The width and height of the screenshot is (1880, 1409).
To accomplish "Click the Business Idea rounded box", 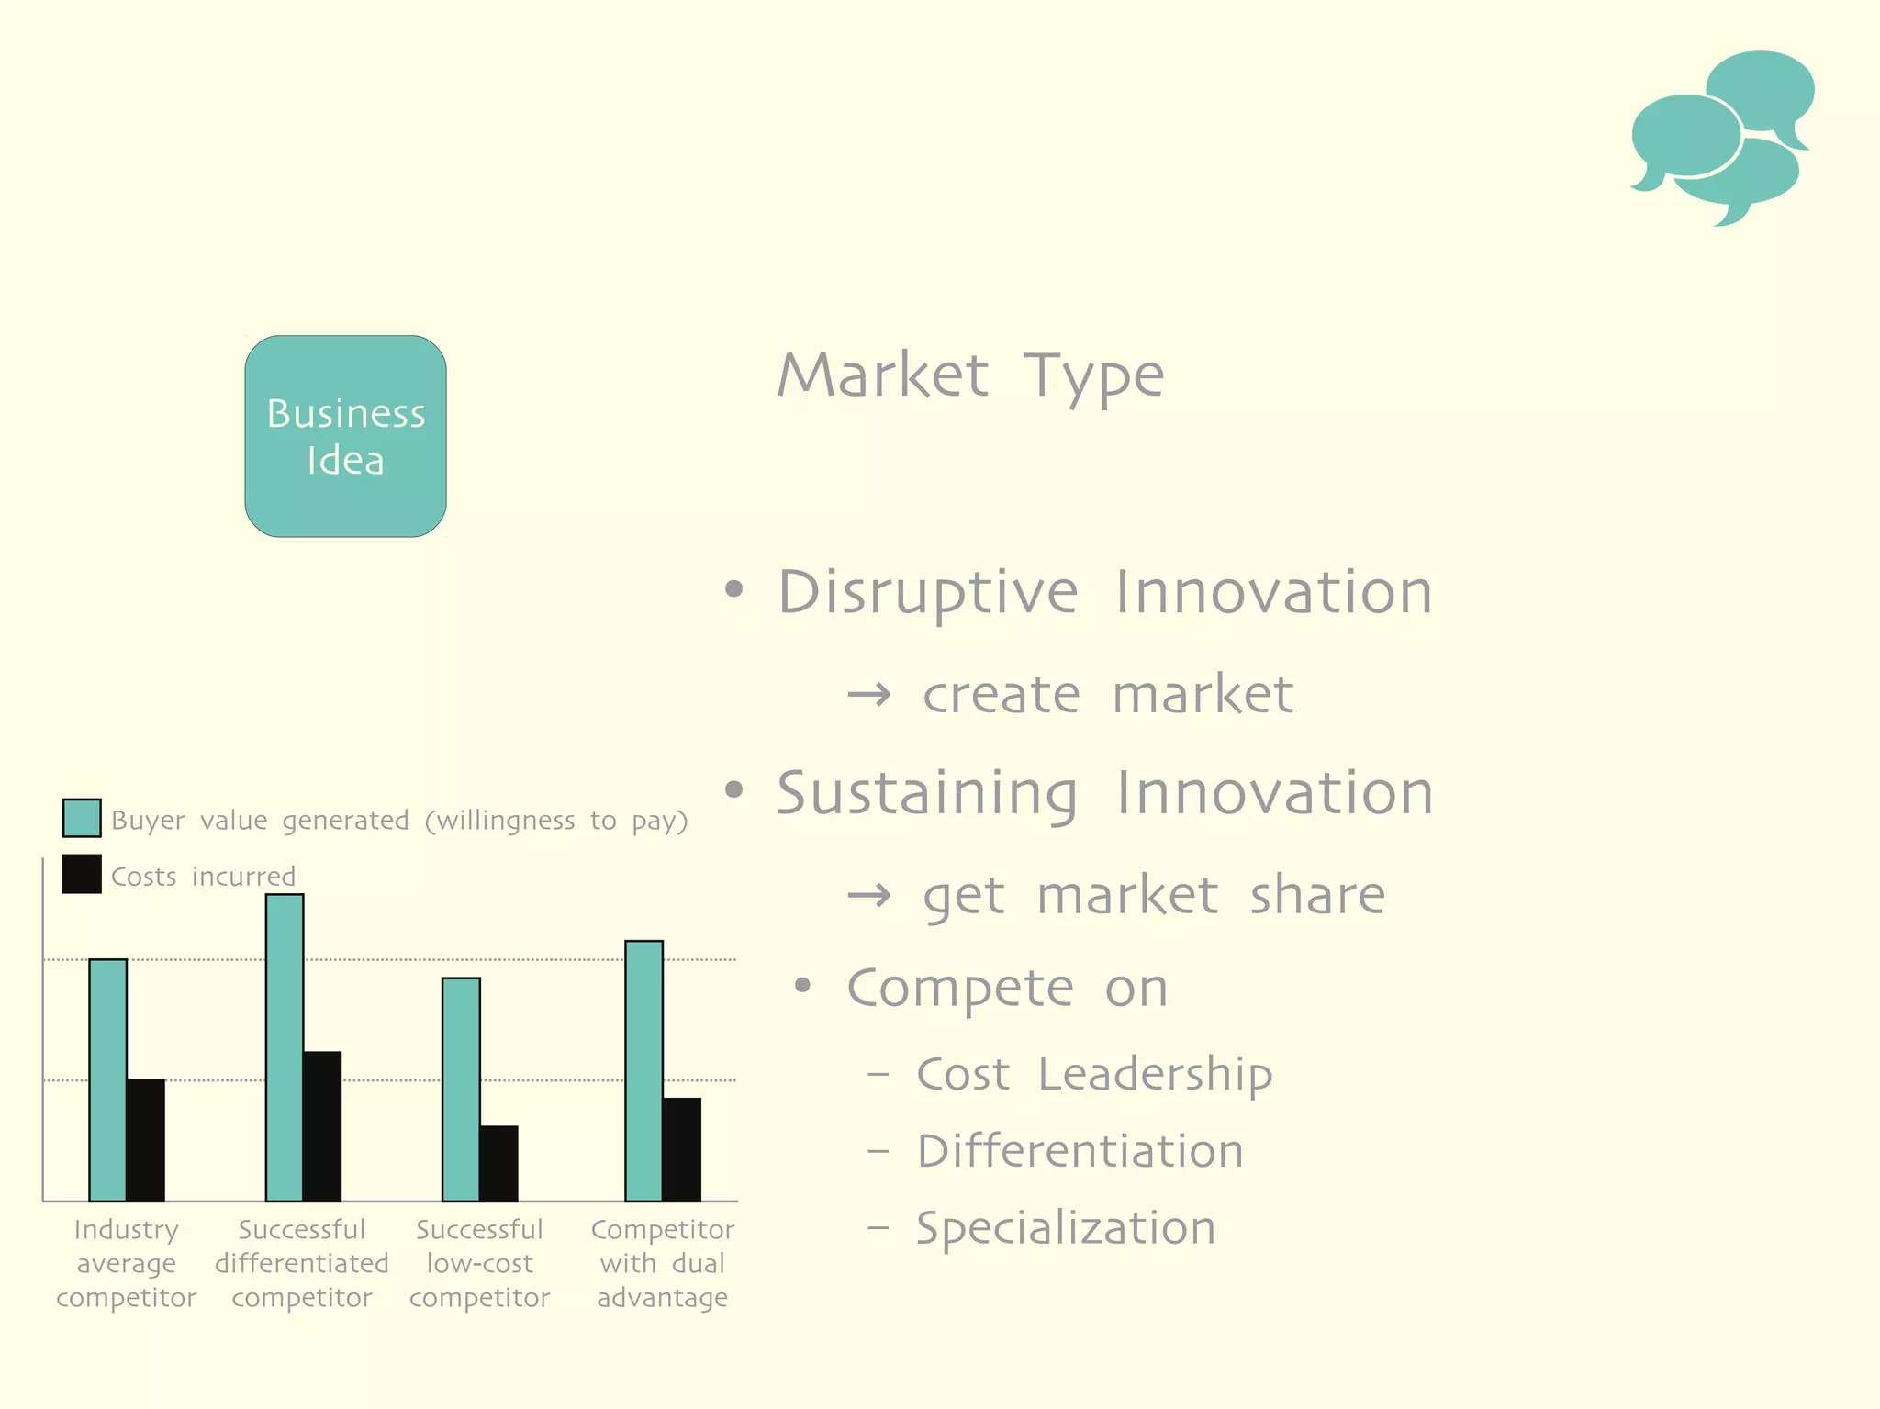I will [x=345, y=436].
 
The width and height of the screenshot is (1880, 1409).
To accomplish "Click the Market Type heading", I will [x=970, y=376].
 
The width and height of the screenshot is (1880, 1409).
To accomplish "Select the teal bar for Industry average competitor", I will [x=108, y=1079].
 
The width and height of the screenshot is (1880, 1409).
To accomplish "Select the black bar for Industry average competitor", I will [x=146, y=1140].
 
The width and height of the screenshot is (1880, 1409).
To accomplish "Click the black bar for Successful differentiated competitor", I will [x=322, y=1126].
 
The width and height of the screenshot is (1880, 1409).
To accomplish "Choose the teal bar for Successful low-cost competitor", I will [x=461, y=1089].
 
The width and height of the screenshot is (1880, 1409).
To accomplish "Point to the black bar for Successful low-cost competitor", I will [x=498, y=1163].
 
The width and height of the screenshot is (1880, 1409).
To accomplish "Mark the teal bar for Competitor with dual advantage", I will [x=643, y=1070].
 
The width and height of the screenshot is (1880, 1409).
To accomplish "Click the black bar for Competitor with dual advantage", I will [x=682, y=1149].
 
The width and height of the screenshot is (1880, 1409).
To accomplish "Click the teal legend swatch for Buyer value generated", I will [x=82, y=818].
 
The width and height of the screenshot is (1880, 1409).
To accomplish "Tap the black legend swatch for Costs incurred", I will [x=82, y=874].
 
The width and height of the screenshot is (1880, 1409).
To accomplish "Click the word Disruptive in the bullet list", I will [x=927, y=592].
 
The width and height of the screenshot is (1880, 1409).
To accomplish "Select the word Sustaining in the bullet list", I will [x=927, y=794].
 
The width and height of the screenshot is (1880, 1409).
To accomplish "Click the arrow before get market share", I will [x=868, y=896].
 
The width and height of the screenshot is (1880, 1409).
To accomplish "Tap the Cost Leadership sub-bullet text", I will [x=1093, y=1074].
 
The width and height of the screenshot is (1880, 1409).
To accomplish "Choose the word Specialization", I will [x=1065, y=1228].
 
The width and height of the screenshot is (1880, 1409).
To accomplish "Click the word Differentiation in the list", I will [x=1080, y=1151].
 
